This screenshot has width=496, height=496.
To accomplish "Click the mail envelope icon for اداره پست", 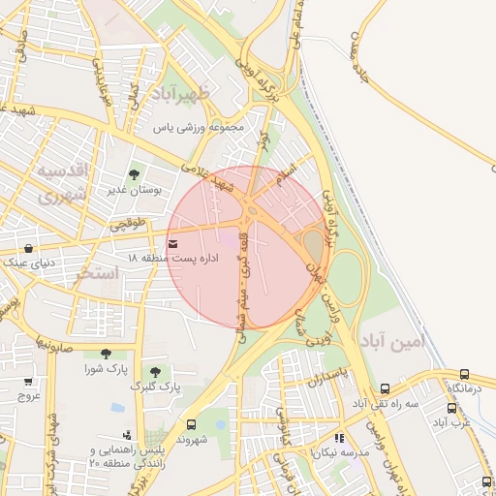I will click(x=172, y=244).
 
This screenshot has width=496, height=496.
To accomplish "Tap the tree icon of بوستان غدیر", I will click(x=134, y=174).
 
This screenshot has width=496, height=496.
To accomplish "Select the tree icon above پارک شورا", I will click(x=105, y=354).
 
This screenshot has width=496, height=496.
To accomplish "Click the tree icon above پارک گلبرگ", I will click(x=155, y=372).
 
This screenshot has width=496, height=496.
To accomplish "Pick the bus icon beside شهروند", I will click(x=190, y=424).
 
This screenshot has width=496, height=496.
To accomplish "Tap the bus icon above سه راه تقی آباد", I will click(x=386, y=387).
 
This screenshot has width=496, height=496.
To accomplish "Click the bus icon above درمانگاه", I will click(x=465, y=374).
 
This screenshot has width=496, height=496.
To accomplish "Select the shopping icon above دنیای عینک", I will click(x=28, y=249).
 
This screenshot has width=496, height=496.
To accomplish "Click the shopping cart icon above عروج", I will click(x=28, y=382).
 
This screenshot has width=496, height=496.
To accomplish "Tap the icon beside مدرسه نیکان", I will click(x=339, y=439).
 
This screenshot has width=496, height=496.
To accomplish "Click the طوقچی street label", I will click(x=127, y=225).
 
